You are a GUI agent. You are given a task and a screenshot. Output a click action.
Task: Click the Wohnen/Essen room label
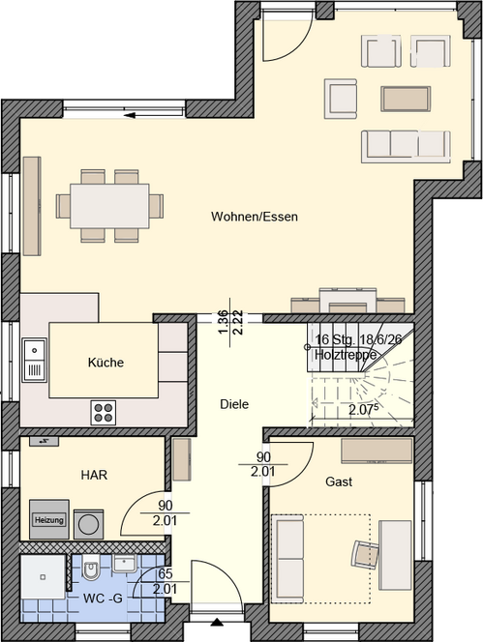pos(255,217)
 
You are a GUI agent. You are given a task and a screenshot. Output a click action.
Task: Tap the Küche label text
pos(106,362)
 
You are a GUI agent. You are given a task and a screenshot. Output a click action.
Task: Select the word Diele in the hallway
pos(234,404)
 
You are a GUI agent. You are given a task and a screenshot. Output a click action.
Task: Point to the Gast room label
pos(338,481)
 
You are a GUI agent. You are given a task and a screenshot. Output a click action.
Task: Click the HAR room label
pos(93,476)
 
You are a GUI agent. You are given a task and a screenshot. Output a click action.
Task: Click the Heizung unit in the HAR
pos(49,520)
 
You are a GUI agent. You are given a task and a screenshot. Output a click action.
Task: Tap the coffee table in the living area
pos(406,98)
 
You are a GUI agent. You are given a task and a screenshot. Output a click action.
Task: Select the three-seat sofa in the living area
pos(406,146)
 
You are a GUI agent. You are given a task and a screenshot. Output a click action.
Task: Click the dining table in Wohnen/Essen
pos(103,205)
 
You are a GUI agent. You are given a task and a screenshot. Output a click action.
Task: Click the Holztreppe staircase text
pos(346,355)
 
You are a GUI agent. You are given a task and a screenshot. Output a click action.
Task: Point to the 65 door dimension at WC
pos(165,573)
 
